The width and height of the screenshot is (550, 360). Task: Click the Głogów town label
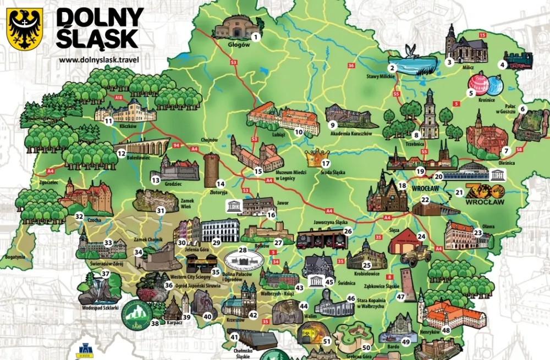(238, 45)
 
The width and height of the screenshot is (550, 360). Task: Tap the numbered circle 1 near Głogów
(255, 37)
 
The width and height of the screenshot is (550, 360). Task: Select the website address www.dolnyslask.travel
(99, 59)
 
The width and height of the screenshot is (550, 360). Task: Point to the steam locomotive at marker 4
(518, 59)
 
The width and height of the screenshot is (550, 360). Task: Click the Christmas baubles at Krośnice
(486, 84)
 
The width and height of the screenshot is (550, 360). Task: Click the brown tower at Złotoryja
(211, 170)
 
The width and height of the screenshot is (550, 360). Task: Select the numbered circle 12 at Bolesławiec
(122, 153)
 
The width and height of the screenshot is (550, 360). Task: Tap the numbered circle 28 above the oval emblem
(243, 251)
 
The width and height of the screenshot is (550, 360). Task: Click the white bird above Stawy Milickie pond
(409, 50)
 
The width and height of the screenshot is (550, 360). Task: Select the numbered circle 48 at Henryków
(446, 330)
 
